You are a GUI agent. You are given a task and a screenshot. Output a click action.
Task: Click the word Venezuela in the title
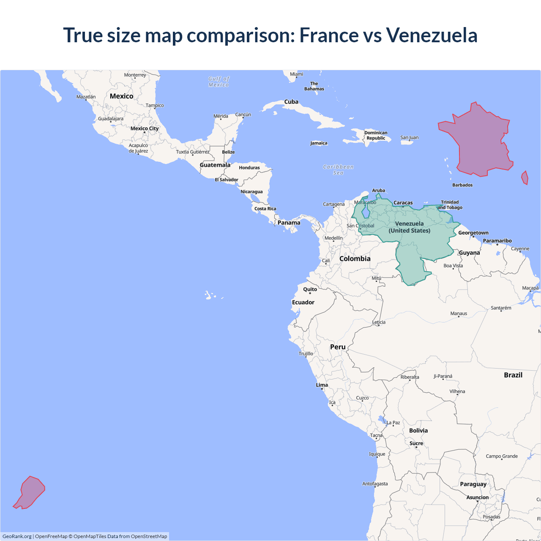432,35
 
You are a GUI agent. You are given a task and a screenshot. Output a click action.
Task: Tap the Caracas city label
403,203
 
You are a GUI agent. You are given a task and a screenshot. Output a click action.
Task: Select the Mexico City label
145,128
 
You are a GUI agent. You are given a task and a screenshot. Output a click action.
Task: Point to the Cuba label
291,102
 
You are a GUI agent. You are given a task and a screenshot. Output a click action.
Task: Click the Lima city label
322,385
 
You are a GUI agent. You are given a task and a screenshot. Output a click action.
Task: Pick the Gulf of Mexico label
219,82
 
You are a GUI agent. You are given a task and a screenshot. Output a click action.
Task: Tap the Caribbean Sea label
338,169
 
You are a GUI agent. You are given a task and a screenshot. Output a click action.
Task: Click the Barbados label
462,185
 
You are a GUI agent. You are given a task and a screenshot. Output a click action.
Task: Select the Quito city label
310,290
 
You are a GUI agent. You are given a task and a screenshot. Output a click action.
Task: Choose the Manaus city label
459,314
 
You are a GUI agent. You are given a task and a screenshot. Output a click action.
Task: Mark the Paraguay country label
473,484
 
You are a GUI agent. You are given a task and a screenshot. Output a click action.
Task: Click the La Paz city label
393,423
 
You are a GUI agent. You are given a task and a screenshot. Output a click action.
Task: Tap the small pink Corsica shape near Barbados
525,178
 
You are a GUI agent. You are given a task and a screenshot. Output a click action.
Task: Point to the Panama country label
289,223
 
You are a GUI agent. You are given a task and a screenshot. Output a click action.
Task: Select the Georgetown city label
473,233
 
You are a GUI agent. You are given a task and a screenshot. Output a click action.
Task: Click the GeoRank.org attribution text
17,536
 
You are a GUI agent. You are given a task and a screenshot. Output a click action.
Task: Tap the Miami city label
296,74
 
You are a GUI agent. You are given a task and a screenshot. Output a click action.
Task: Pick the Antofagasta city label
375,484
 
